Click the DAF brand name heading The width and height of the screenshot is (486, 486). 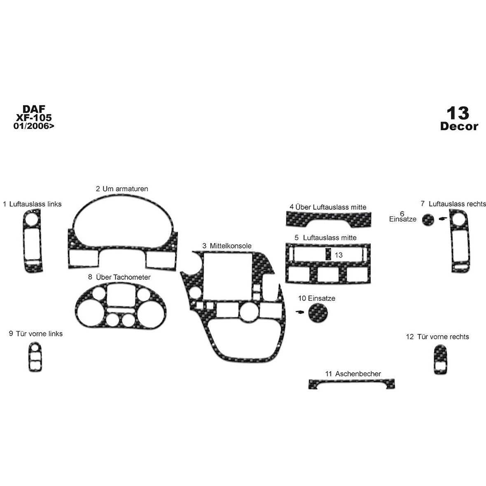click(x=34, y=109)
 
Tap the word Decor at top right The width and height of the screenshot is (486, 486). click(x=459, y=126)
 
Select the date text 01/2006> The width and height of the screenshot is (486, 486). click(x=34, y=126)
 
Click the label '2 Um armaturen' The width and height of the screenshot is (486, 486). click(x=122, y=189)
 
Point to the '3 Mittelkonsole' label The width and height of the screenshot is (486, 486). click(x=227, y=246)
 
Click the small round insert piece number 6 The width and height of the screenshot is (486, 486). click(x=428, y=220)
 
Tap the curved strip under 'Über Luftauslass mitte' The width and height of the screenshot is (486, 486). click(x=328, y=219)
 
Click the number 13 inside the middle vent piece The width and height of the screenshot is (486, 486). click(x=339, y=255)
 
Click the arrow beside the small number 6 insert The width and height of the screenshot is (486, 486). click(x=443, y=218)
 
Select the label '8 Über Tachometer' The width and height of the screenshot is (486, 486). click(x=119, y=277)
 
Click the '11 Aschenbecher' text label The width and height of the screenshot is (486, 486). click(x=353, y=374)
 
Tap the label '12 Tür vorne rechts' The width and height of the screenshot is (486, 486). click(x=437, y=337)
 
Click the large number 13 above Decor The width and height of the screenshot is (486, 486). click(x=458, y=112)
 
